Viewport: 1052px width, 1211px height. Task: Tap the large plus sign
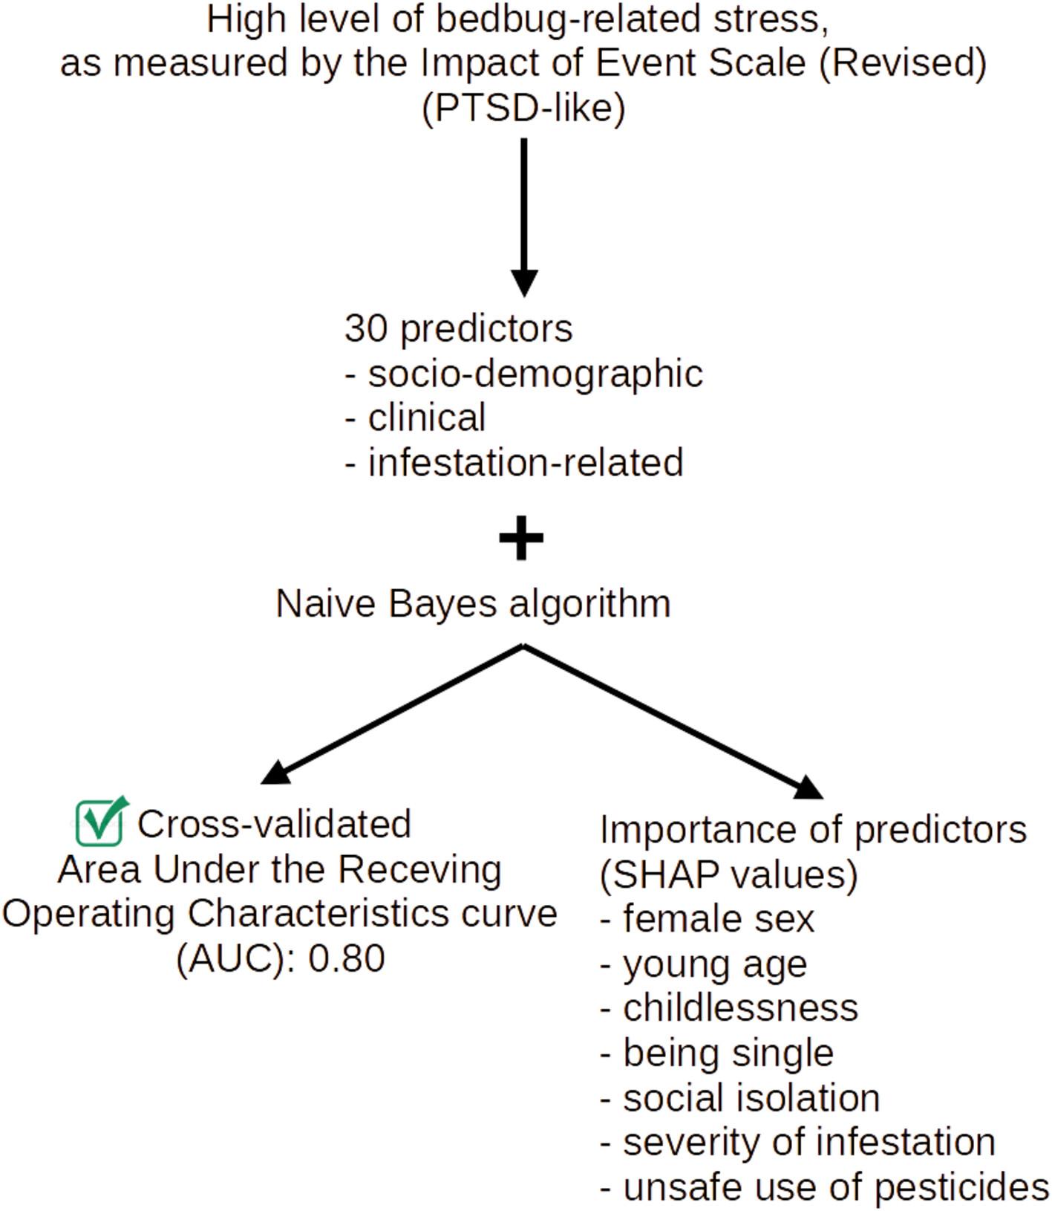(521, 538)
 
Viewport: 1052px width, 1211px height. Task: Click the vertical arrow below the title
(524, 217)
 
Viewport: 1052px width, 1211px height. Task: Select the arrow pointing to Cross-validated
(392, 714)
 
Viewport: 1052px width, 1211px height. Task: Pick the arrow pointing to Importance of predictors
(673, 721)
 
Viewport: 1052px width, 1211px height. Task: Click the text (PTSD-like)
(524, 108)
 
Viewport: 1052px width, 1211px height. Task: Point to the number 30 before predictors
(366, 328)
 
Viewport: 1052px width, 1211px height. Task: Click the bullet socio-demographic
(524, 373)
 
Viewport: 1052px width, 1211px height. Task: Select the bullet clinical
(416, 417)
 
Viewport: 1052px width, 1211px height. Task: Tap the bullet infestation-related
(514, 462)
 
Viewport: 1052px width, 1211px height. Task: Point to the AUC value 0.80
(347, 958)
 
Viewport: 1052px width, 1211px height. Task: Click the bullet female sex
(708, 918)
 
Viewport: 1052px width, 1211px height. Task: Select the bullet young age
(704, 964)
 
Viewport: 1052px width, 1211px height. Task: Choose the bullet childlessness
(729, 1007)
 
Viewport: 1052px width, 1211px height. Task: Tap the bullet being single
(717, 1053)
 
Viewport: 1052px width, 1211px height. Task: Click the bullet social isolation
(740, 1097)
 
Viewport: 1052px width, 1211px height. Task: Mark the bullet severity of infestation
(798, 1142)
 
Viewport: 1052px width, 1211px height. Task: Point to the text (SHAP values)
(729, 875)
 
